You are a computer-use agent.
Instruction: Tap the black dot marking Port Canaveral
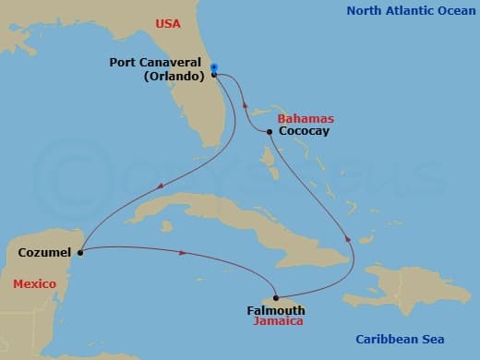pyautogui.click(x=213, y=76)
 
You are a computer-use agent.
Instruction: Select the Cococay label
pyautogui.click(x=303, y=132)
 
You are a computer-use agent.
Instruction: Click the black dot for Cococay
pyautogui.click(x=269, y=132)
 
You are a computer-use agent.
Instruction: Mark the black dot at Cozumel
pyautogui.click(x=81, y=251)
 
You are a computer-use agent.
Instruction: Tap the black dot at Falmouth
pyautogui.click(x=275, y=297)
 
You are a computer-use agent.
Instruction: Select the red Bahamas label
pyautogui.click(x=306, y=119)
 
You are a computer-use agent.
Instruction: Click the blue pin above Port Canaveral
pyautogui.click(x=213, y=66)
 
